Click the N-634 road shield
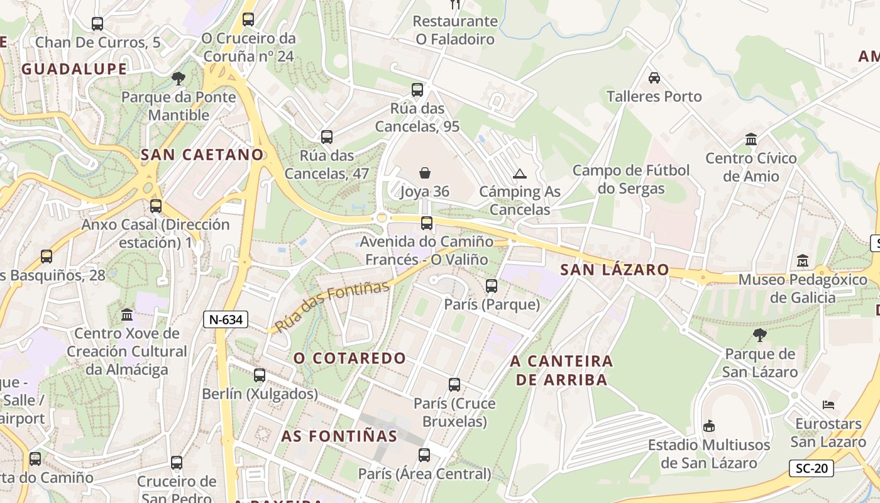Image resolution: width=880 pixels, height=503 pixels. tap(226, 319)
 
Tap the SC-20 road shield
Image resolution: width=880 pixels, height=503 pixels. tap(811, 468)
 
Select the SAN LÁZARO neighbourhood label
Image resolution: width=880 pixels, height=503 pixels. tap(615, 270)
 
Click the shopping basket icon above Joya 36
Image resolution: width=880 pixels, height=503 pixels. tap(425, 173)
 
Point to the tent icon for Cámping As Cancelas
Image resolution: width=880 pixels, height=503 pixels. tap(519, 174)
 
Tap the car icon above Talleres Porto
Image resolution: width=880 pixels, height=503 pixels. tap(654, 78)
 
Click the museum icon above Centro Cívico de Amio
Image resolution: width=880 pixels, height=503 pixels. tap(751, 139)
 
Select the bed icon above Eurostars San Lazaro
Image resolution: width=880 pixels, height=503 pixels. tap(828, 405)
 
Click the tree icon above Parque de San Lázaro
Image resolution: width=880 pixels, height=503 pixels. tap(759, 335)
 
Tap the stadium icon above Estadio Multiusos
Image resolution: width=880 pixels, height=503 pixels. tap(709, 426)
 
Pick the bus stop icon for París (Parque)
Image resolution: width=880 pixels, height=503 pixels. tap(492, 286)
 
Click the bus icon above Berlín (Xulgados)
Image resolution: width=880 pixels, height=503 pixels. tap(260, 375)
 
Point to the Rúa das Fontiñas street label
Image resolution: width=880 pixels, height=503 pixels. tap(333, 307)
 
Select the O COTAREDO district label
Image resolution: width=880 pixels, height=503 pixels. tap(350, 358)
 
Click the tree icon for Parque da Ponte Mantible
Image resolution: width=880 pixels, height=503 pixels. tap(179, 79)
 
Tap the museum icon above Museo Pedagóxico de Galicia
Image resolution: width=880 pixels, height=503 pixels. tap(802, 260)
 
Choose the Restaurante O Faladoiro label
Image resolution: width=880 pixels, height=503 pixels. tap(455, 30)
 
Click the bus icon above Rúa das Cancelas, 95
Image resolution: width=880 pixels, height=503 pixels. tap(417, 90)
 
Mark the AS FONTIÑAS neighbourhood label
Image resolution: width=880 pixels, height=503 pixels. tap(339, 436)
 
